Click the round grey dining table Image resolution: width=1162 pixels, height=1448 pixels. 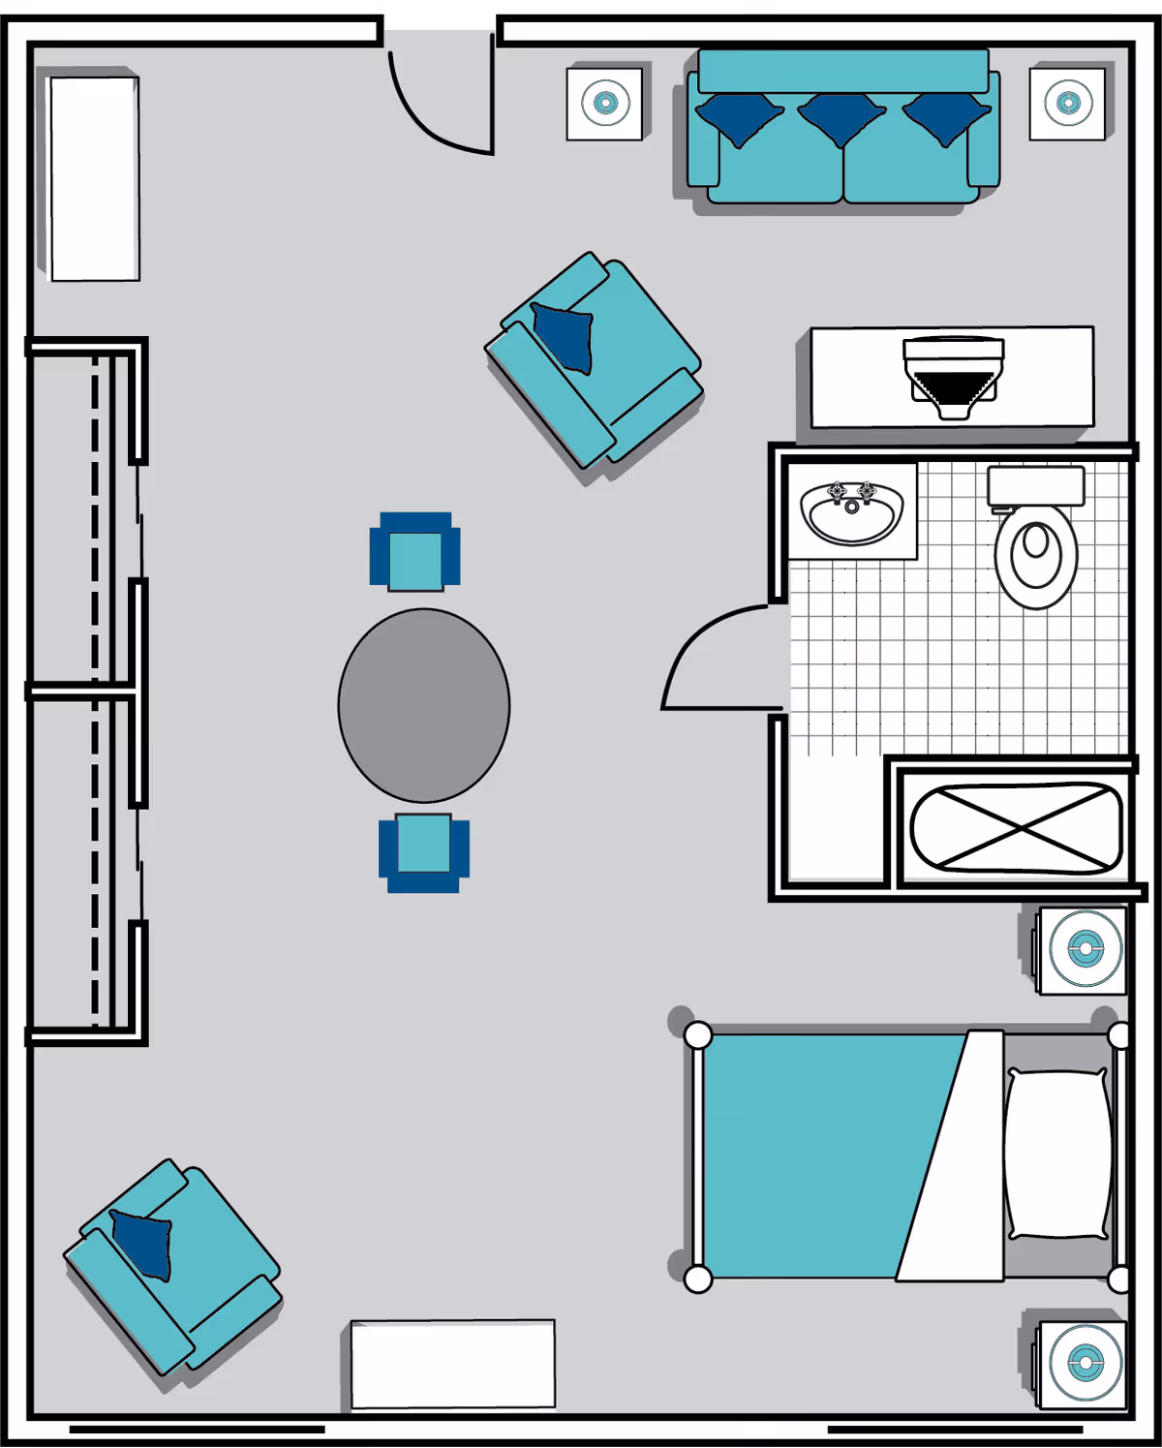424,705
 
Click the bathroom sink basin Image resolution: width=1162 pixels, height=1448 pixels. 852,514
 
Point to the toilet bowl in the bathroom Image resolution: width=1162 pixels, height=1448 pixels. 1036,556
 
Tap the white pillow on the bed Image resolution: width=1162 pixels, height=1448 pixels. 1057,1154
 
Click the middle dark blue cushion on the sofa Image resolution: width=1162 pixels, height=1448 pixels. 841,116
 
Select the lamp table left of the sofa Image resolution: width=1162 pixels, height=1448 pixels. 605,104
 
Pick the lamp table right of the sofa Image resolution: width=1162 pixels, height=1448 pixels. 1067,103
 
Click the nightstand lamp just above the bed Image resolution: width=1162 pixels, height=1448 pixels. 1085,949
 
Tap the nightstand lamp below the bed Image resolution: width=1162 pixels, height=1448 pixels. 1085,1364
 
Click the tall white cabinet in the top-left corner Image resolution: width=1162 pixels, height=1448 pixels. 95,179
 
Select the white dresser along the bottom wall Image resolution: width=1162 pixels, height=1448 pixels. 453,1364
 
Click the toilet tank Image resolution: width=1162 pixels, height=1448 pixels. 1035,485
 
